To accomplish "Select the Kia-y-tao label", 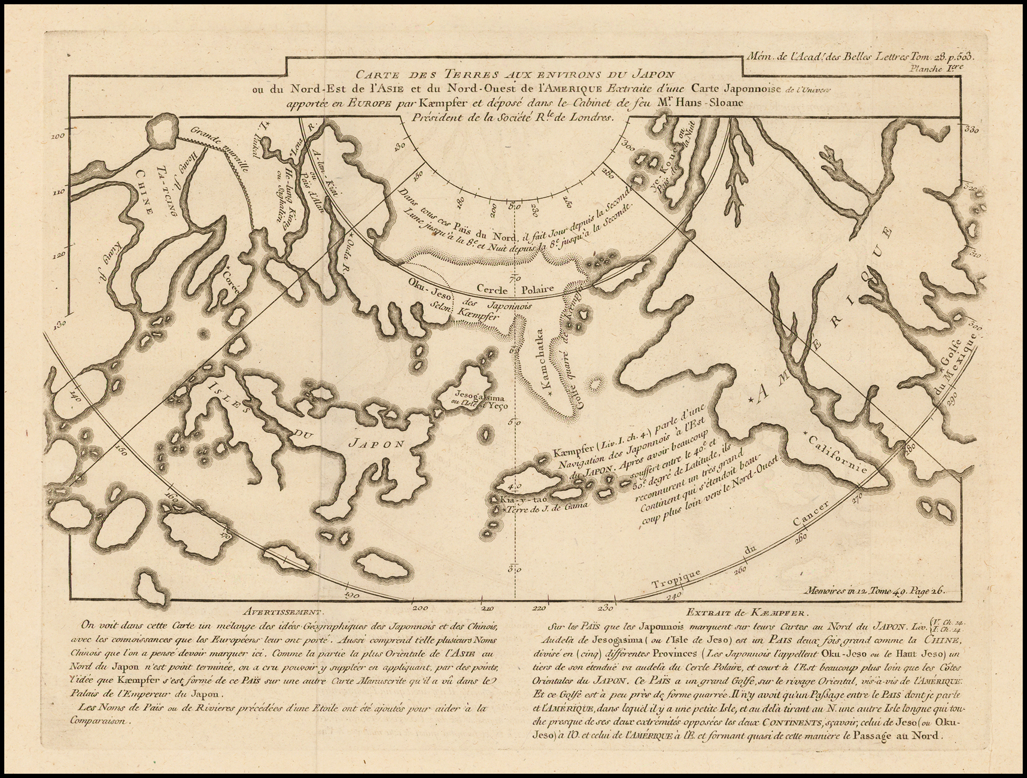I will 508,498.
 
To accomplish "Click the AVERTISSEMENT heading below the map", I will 282,612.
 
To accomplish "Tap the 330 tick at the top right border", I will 970,129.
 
